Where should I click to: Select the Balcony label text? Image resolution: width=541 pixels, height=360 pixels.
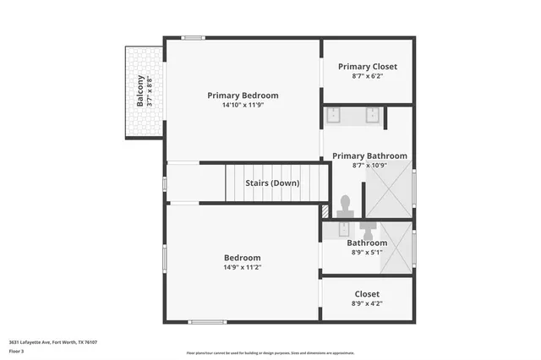pos(139,92)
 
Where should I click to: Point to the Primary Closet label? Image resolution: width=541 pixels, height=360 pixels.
pos(367,66)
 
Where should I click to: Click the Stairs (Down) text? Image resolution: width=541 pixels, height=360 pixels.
pos(272,183)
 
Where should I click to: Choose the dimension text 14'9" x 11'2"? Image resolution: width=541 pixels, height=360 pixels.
pos(242,267)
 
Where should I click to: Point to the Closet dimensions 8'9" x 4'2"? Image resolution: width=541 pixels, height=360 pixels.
pos(367,303)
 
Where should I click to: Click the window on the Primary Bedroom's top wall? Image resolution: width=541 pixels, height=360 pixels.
pos(194,37)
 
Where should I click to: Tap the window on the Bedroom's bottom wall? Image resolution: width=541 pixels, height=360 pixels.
pos(204,321)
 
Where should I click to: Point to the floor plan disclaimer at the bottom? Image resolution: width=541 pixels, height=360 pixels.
pos(270,352)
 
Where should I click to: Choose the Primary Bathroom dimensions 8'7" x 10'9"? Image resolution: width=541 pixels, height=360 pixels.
pos(369,166)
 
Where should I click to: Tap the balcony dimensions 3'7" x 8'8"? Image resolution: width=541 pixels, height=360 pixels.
pos(150,92)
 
